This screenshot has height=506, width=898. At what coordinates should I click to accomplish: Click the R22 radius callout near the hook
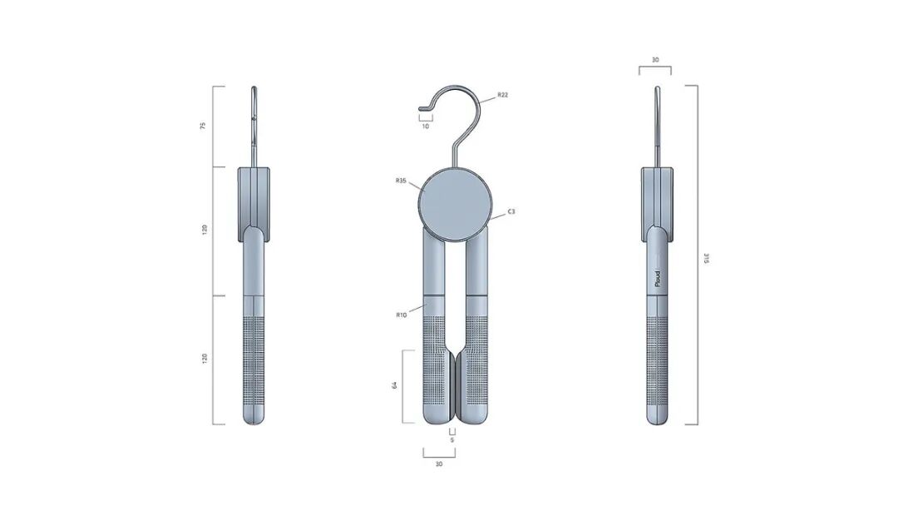502,95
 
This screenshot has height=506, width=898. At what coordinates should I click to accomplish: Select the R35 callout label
401,181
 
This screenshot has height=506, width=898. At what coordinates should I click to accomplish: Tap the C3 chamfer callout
511,211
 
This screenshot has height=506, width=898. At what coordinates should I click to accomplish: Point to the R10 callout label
401,315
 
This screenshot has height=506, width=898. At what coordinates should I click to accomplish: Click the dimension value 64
395,385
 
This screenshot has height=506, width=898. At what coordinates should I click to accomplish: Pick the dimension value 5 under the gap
451,440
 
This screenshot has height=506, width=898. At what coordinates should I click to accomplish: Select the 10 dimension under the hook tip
426,126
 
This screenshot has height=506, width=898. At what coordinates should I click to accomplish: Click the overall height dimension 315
706,259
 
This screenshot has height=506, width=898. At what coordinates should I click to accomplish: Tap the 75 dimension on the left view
203,126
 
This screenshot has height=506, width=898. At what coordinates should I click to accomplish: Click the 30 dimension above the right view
655,60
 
